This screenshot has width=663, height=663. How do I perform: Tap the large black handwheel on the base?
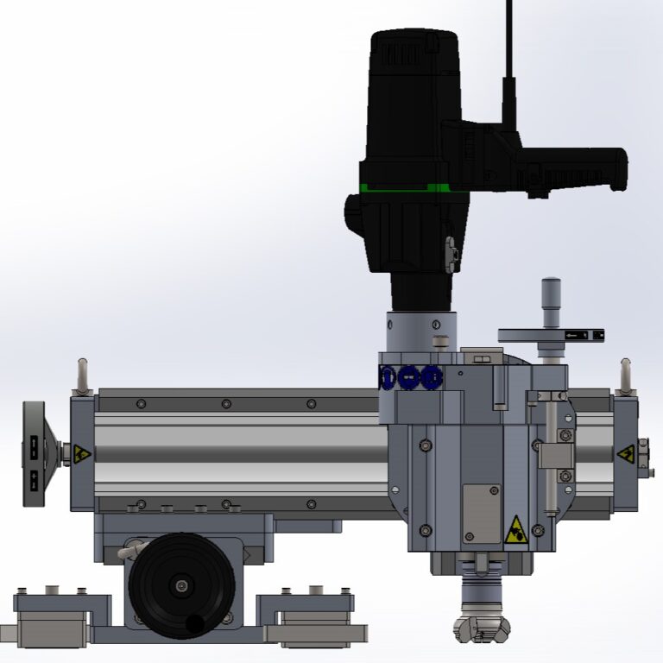179,586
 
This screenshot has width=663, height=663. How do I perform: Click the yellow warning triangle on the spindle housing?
515,529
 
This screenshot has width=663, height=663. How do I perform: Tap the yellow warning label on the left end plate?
81,452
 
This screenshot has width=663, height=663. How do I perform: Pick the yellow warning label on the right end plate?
622,453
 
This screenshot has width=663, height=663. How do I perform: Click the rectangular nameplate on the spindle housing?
481,513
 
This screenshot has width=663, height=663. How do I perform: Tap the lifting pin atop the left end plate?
83,375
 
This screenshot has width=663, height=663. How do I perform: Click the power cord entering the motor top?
508,52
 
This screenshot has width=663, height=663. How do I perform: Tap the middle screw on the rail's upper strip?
225,403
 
